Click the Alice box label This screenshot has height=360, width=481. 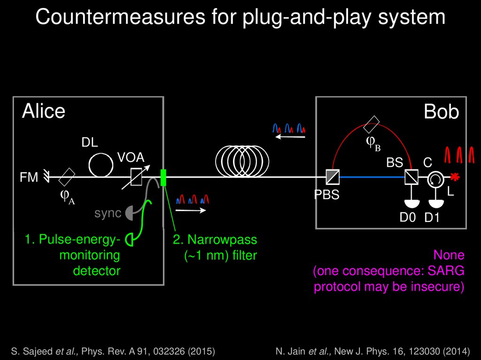[x=44, y=112]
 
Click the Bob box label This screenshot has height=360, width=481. [x=441, y=112]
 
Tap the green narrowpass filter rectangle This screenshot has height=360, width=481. [x=163, y=177]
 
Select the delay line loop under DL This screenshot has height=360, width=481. [x=101, y=164]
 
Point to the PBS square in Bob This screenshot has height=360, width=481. [x=333, y=177]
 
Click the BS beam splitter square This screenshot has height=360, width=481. [x=411, y=177]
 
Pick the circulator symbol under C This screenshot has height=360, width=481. [x=434, y=177]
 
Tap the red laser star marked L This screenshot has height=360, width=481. [x=454, y=177]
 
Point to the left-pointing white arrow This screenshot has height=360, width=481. [x=290, y=137]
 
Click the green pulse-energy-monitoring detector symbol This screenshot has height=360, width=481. [x=131, y=240]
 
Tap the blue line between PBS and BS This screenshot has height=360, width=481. [x=371, y=177]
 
